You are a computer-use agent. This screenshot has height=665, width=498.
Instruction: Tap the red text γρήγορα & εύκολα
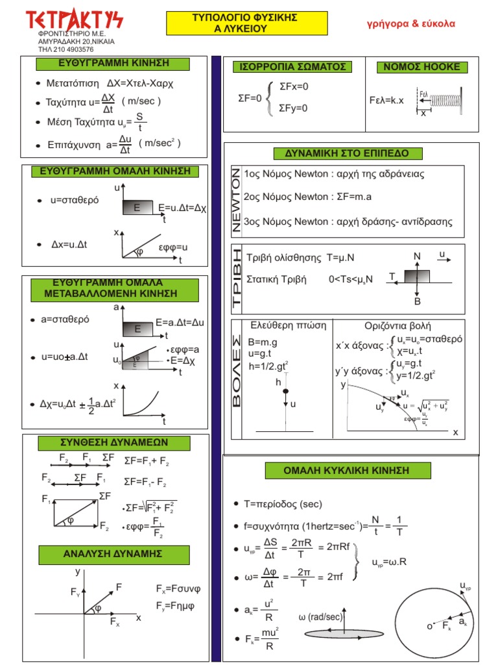(x=411, y=23)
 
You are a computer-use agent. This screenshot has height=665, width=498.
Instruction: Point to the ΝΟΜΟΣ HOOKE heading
(x=421, y=67)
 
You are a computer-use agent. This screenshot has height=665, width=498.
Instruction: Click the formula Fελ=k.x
(x=386, y=100)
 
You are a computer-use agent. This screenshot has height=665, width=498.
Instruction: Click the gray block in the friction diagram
(x=417, y=277)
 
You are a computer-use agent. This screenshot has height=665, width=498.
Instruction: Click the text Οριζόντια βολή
(x=398, y=326)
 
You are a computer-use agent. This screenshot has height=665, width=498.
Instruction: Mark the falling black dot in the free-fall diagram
(x=285, y=390)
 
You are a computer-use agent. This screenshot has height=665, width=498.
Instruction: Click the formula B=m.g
(x=263, y=342)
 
